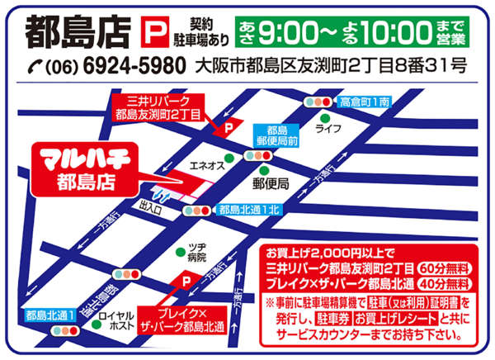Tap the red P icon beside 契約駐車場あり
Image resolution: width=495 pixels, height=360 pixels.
pyautogui.click(x=154, y=32)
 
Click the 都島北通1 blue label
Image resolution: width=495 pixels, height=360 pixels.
pyautogui.click(x=50, y=315)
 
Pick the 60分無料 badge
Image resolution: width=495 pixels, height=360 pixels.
pyautogui.click(x=447, y=268)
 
